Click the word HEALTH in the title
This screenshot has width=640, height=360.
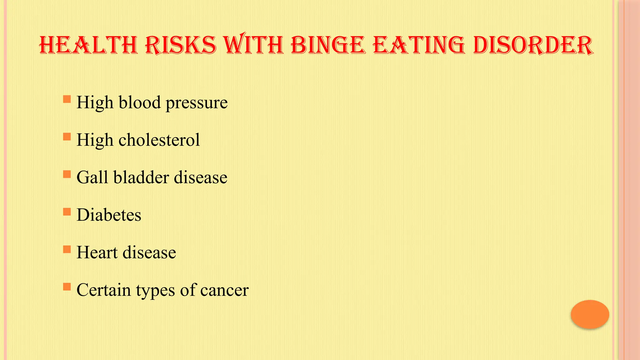88,45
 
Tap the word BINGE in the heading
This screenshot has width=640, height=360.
328,45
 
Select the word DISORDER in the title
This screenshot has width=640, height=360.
533,45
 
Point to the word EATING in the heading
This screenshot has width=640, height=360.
419,45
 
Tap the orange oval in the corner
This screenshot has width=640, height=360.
590,314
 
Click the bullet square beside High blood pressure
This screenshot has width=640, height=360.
67,99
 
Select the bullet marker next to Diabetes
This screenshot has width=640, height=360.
67,212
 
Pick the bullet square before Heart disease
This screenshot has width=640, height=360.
67,249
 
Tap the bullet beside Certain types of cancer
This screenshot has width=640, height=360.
67,287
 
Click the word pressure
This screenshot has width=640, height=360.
197,103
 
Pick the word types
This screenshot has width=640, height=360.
155,291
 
